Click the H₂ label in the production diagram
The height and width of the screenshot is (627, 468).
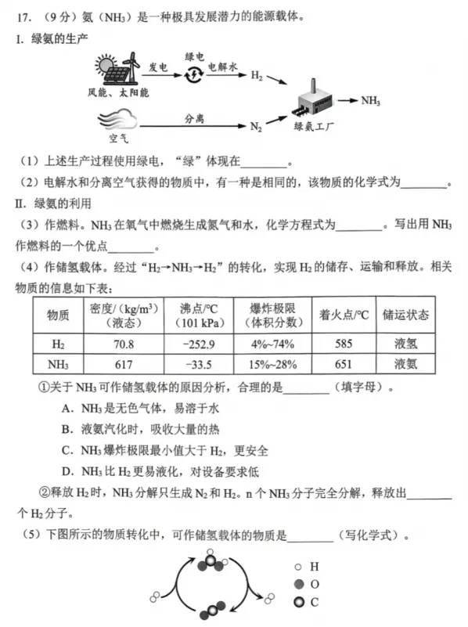[257, 77]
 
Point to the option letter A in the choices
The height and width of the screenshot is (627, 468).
[66, 408]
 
